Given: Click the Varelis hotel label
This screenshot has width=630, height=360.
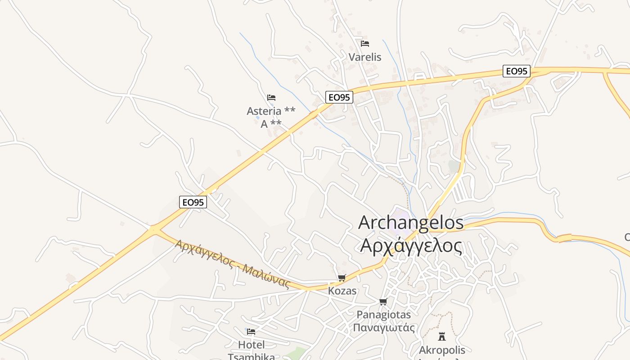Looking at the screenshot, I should [365, 57].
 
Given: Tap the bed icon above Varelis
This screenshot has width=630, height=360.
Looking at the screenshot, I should [365, 44].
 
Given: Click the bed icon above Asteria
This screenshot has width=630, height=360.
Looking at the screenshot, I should [271, 98].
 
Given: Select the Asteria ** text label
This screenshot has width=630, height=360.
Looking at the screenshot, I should [271, 111].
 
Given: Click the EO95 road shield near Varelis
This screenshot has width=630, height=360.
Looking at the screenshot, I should [339, 97].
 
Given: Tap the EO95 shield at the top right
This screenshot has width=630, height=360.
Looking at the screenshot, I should [516, 71].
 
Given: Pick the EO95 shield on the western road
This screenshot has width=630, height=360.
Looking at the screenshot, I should [193, 202].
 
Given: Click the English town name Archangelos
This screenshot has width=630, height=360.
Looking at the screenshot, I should [410, 223].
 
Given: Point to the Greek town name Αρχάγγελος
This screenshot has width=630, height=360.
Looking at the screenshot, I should [411, 246].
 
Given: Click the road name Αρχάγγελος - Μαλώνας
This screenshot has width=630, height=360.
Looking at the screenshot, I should [232, 264].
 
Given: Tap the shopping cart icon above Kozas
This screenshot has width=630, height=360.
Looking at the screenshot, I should [342, 278].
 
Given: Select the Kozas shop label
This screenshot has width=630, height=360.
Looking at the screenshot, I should [342, 291].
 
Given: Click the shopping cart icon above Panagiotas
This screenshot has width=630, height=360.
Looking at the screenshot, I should [383, 302].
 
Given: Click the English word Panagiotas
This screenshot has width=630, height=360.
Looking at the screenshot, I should [383, 315].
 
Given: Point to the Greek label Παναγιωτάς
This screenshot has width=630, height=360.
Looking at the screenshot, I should [383, 327].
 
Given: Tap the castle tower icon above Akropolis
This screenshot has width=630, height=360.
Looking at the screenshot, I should [442, 337].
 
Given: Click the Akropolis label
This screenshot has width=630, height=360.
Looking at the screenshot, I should [442, 350].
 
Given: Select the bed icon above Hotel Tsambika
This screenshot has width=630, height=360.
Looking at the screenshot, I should [251, 332].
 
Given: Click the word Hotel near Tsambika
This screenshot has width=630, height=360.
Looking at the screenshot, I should [251, 345].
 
